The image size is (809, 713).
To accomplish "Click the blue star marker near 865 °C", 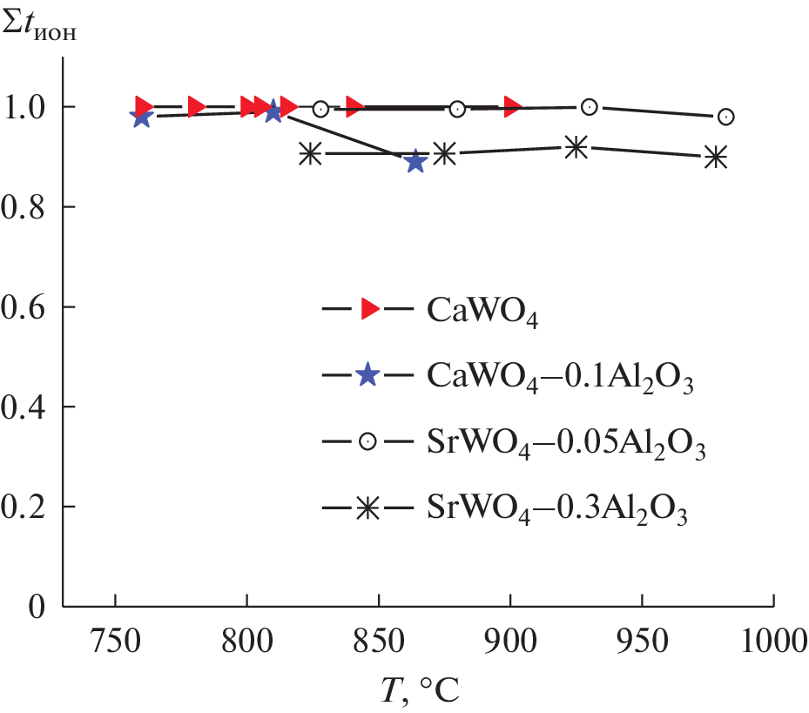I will point(415,161).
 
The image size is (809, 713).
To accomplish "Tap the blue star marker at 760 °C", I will point(141,117).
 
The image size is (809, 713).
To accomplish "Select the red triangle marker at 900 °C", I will point(514,106).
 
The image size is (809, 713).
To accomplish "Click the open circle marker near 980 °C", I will point(725,117).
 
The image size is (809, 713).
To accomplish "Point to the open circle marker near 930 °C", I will point(590,107).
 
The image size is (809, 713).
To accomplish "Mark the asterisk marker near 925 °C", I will point(576,147).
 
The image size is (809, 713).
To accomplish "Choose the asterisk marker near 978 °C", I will point(716,157).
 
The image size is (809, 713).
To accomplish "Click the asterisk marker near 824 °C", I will point(310,154).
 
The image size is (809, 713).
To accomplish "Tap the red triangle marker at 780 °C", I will point(197,107).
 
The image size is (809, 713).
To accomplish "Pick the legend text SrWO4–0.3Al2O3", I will point(558,509).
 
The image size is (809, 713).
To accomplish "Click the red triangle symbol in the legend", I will point(369,308).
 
